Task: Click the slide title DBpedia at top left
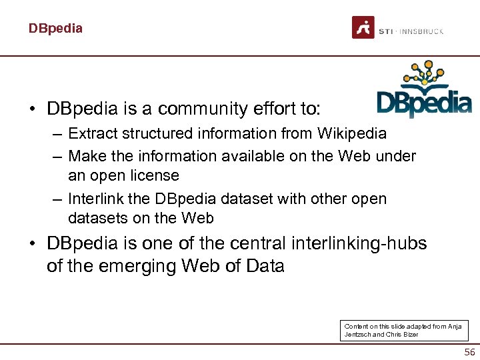55,29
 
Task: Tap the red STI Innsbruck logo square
363,27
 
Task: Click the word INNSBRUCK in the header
423,31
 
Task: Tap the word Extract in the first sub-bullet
93,133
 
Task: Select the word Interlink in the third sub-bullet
95,199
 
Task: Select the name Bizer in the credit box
409,335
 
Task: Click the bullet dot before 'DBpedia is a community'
32,109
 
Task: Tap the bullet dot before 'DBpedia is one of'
32,244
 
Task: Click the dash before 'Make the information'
57,157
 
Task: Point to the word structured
153,133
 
